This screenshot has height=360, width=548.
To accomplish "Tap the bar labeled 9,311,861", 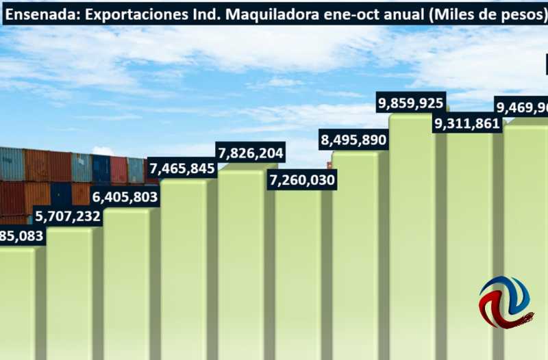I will [469, 246].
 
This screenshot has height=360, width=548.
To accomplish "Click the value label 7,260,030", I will [302, 181].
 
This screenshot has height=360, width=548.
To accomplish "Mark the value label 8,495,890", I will [353, 140].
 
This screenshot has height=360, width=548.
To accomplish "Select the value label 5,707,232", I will [68, 217].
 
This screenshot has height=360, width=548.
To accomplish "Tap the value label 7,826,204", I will [250, 152].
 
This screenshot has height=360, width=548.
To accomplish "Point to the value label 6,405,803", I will [125, 197].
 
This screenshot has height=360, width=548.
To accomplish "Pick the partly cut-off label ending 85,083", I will [21, 237].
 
